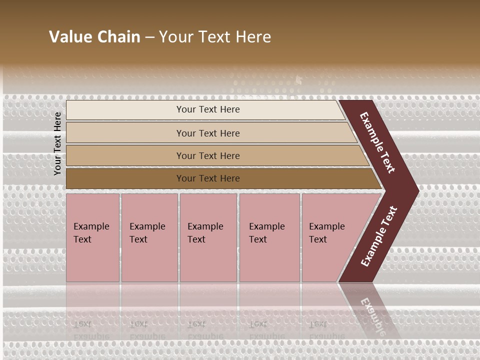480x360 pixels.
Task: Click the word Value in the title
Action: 70,37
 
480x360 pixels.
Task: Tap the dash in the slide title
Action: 149,37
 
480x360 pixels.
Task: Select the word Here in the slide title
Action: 253,37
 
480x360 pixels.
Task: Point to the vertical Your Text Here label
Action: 57,143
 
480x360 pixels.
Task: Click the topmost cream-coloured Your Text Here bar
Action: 207,109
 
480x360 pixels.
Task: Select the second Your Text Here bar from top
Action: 207,133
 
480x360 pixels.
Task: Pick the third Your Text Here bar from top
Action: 207,155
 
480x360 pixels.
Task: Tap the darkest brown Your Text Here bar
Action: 207,178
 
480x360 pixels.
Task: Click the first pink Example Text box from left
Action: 92,237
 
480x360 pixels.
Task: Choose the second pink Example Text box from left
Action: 149,237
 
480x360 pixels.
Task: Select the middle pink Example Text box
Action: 208,237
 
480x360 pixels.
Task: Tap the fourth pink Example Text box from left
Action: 269,237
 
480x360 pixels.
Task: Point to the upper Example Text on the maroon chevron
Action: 377,142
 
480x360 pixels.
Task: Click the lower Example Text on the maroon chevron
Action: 379,236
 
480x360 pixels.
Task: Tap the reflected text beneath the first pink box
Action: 91,330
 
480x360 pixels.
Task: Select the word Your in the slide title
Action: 175,37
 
